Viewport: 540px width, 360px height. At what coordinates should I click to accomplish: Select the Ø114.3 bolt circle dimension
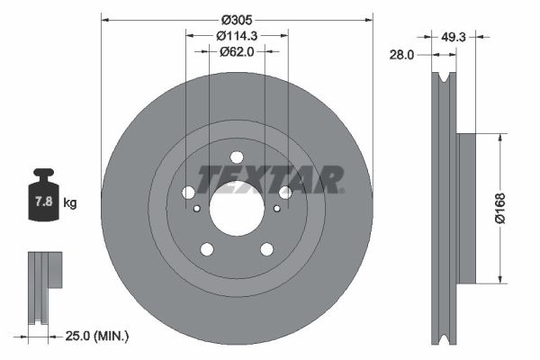tap(238, 35)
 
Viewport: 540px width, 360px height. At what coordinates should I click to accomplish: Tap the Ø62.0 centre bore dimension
tap(238, 53)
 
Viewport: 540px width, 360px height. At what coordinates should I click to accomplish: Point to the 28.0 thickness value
tap(401, 55)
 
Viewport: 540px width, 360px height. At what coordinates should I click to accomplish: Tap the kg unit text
tap(70, 203)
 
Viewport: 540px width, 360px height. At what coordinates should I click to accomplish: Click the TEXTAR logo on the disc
tap(270, 179)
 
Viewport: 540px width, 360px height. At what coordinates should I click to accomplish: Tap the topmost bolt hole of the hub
tap(237, 156)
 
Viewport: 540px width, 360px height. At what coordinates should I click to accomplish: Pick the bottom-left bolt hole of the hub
tap(207, 249)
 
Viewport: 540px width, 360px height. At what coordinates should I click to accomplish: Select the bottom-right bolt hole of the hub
tap(266, 249)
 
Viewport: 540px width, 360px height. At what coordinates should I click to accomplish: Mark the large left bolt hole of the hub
tap(188, 193)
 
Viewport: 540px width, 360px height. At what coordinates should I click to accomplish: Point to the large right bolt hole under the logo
tap(285, 193)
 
